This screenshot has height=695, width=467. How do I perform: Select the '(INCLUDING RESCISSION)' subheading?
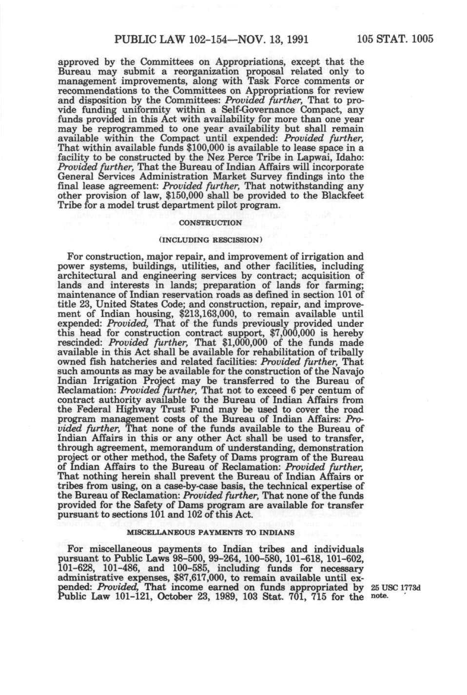click(x=211, y=240)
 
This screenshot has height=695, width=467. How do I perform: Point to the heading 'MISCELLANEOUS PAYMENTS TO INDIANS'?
click(x=211, y=535)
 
